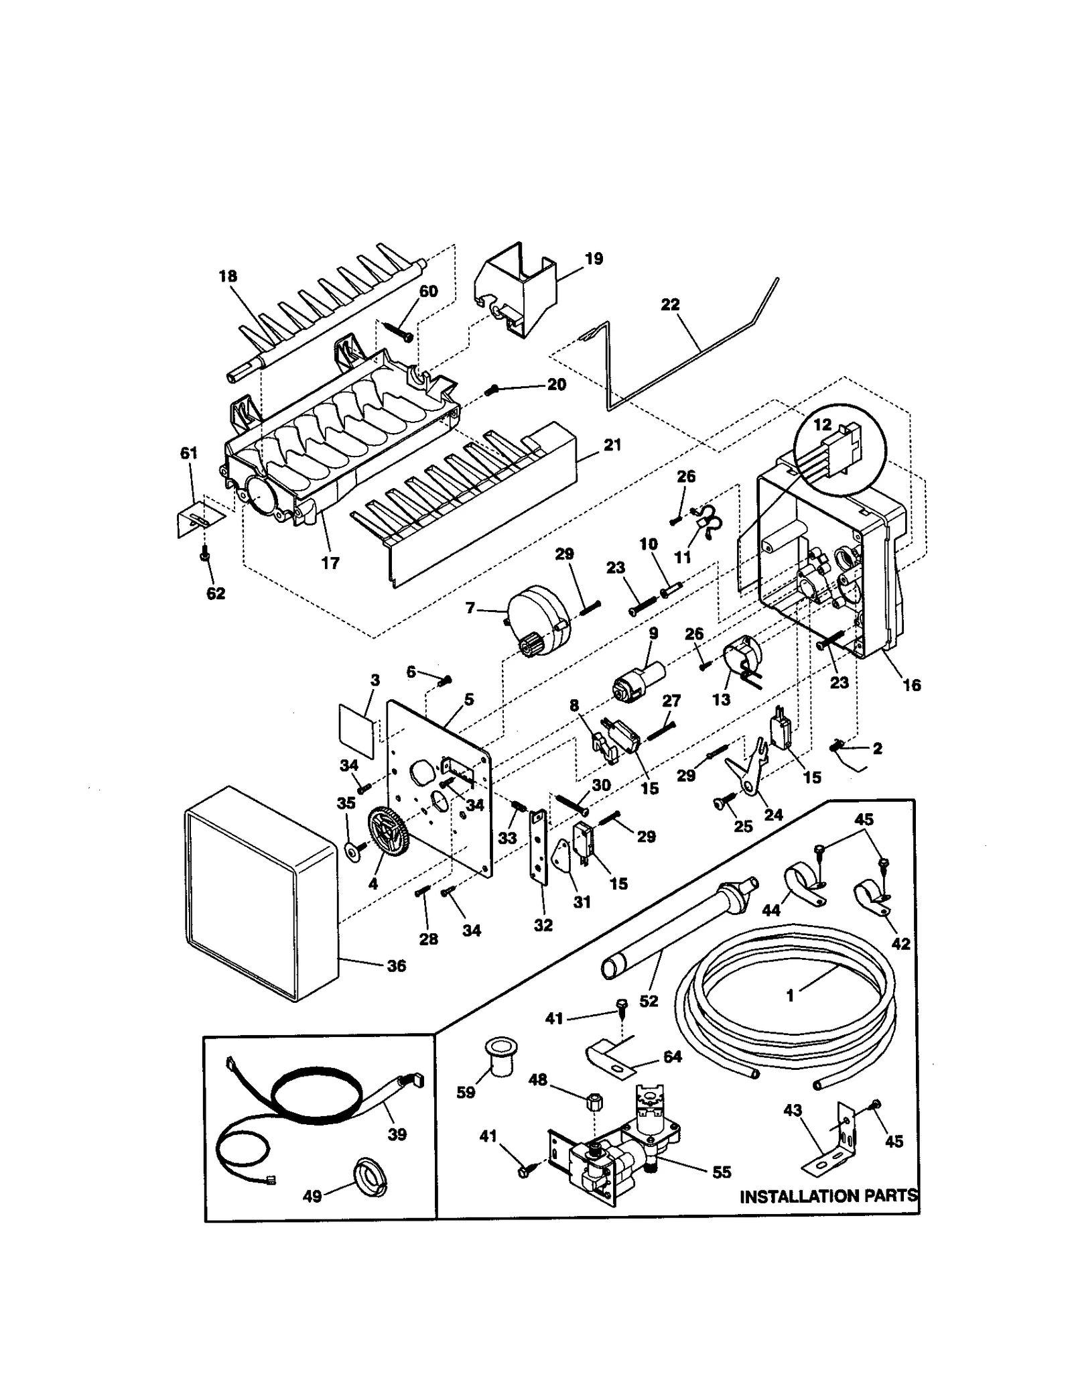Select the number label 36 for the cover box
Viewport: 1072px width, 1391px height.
397,966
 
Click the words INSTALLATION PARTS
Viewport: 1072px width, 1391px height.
828,1196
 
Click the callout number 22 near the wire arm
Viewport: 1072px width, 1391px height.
670,304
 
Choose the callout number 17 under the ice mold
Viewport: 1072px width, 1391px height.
330,563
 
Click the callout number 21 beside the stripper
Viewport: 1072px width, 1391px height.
612,444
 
